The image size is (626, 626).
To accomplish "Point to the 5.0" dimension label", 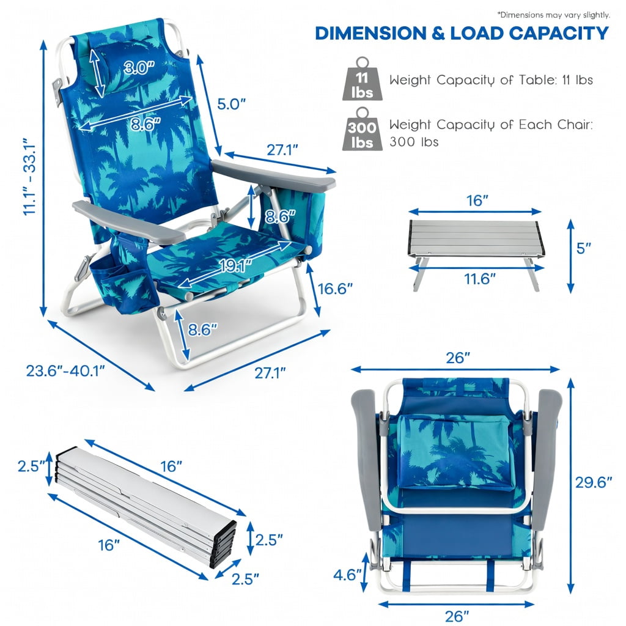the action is point(230,104).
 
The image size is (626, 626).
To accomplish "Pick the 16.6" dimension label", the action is point(335,289).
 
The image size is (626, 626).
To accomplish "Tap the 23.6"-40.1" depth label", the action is point(65,370).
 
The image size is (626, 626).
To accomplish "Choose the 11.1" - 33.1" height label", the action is point(29,177).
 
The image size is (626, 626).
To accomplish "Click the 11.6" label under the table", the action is point(479,279).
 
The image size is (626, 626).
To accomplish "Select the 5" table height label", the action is point(583,248).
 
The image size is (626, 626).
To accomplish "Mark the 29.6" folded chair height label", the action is point(593,483).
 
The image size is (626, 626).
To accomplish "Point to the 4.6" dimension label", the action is point(347,575).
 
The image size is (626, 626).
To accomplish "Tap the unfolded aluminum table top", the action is point(474,237).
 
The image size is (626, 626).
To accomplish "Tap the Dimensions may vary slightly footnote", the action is point(553,15).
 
